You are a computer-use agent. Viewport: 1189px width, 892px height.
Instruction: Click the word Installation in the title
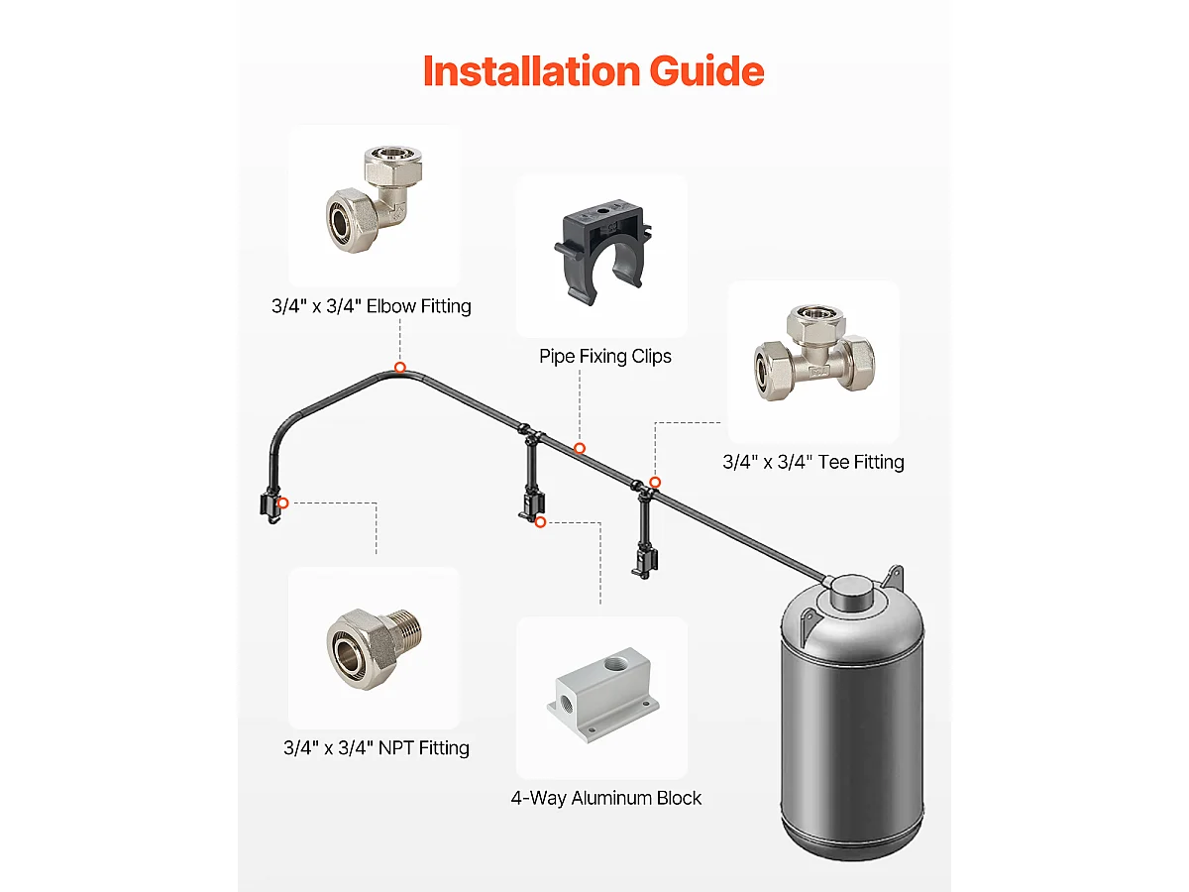pyautogui.click(x=532, y=71)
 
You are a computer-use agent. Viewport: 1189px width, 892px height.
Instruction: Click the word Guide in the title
pyautogui.click(x=706, y=71)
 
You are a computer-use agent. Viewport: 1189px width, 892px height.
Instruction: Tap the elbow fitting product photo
pyautogui.click(x=375, y=199)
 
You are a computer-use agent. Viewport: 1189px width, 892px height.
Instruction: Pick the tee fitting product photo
pyautogui.click(x=814, y=352)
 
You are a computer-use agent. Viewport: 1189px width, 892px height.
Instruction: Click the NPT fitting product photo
pyautogui.click(x=375, y=649)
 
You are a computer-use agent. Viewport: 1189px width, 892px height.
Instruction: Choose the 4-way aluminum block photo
pyautogui.click(x=602, y=695)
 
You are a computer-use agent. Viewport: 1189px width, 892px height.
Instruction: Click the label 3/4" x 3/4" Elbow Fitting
pyautogui.click(x=372, y=306)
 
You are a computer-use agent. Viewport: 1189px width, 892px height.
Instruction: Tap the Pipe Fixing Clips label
pyautogui.click(x=605, y=357)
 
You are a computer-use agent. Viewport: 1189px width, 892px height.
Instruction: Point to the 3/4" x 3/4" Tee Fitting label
pyautogui.click(x=813, y=462)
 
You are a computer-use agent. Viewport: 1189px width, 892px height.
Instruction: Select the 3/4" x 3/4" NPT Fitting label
pyautogui.click(x=377, y=748)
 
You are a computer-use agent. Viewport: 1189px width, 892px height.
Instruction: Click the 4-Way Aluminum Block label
pyautogui.click(x=605, y=798)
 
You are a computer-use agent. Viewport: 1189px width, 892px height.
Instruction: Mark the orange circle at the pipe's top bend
pyautogui.click(x=399, y=368)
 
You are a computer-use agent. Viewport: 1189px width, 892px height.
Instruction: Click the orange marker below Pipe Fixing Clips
pyautogui.click(x=580, y=448)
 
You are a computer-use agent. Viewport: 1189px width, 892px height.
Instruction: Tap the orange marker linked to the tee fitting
pyautogui.click(x=655, y=482)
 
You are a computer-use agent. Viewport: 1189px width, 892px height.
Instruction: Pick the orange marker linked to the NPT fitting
pyautogui.click(x=282, y=503)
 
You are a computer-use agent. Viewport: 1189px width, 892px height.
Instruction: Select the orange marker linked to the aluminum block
pyautogui.click(x=540, y=522)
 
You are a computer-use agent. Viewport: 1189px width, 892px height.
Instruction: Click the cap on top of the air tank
pyautogui.click(x=851, y=591)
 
